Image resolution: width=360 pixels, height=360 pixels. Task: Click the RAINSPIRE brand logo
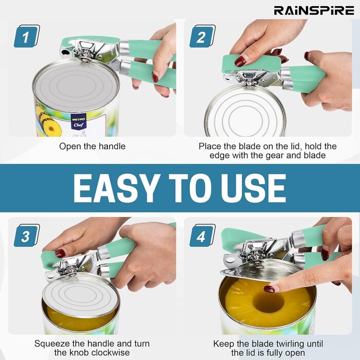[314, 11]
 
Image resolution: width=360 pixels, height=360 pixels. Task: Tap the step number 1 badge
[27, 37]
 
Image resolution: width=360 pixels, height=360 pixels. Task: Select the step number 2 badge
[202, 37]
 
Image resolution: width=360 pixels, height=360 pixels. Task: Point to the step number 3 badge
[27, 236]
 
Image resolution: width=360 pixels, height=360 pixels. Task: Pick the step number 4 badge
[202, 236]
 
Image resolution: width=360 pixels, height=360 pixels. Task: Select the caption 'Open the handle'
[92, 146]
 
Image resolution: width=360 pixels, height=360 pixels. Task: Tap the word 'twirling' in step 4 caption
[291, 344]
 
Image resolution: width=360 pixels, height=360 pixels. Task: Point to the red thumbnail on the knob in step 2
[241, 61]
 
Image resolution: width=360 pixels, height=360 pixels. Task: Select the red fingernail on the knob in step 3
[60, 254]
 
